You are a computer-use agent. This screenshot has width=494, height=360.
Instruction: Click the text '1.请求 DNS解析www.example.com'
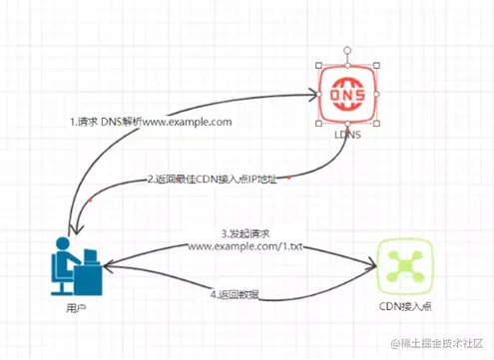coord(151,122)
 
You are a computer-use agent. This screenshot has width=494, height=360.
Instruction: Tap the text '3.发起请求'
coord(244,232)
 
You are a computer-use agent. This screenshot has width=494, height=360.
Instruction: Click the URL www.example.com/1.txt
coord(244,245)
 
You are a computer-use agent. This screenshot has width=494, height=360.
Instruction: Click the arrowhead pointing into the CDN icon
coord(371,266)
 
